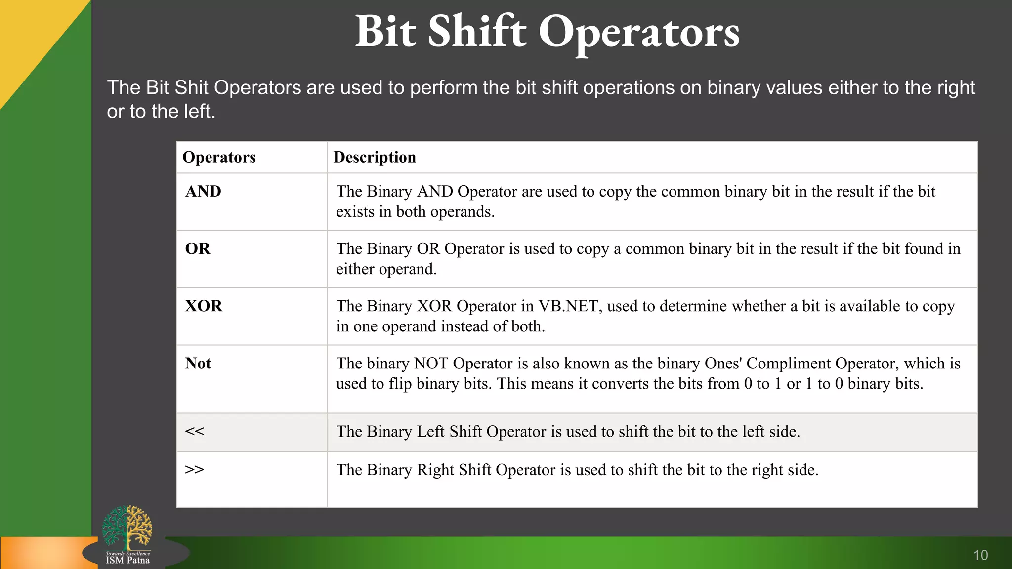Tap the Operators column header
pyautogui.click(x=219, y=157)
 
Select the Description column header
pyautogui.click(x=375, y=157)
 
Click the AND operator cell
pyautogui.click(x=203, y=192)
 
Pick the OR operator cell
pyautogui.click(x=198, y=249)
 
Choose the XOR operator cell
pyautogui.click(x=204, y=306)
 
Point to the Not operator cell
pyautogui.click(x=198, y=364)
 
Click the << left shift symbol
pyautogui.click(x=194, y=431)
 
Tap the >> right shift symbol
pyautogui.click(x=194, y=469)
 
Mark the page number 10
pyautogui.click(x=980, y=555)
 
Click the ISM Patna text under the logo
pyautogui.click(x=127, y=561)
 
